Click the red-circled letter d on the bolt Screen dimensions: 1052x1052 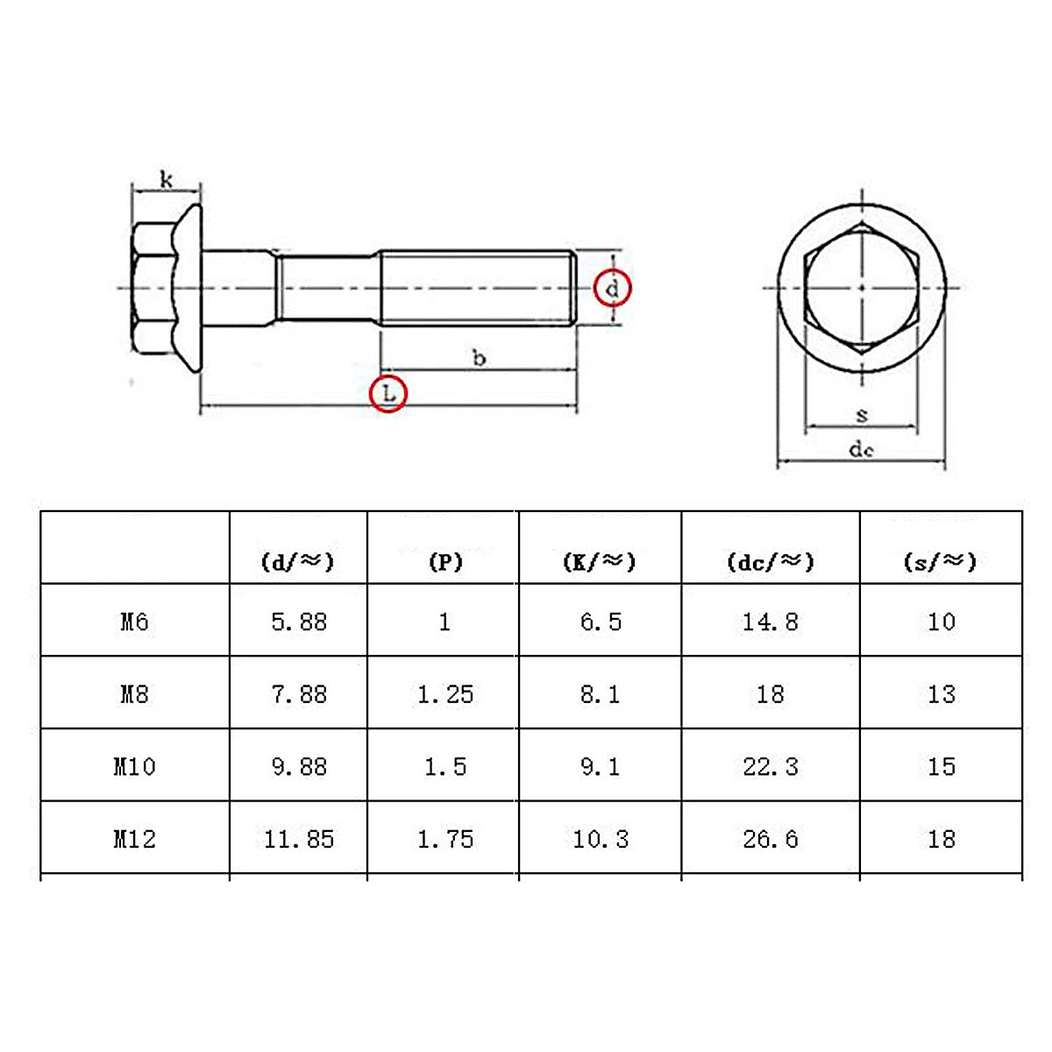[612, 288]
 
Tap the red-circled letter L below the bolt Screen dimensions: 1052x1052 [388, 393]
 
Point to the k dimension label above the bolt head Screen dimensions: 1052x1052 [167, 180]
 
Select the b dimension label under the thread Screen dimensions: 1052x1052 [479, 358]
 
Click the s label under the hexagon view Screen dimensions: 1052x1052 [862, 415]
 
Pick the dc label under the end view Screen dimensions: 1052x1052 [861, 450]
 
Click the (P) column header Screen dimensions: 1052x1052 [444, 562]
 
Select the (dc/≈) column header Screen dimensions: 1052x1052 [771, 562]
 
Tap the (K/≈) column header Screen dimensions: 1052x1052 [600, 562]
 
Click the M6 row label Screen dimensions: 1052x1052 [134, 622]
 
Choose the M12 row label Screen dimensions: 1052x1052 [134, 839]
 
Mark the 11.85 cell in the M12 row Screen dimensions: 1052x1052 [299, 839]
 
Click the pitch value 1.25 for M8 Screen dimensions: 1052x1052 [444, 694]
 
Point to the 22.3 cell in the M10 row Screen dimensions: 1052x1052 [771, 767]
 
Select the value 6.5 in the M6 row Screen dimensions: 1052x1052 [601, 622]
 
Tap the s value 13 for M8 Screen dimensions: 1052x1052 [941, 694]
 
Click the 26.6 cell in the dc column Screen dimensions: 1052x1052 [771, 839]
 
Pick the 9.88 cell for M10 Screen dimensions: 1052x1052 [299, 767]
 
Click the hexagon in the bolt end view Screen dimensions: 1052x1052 [861, 288]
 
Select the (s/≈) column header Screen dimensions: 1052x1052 [940, 562]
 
